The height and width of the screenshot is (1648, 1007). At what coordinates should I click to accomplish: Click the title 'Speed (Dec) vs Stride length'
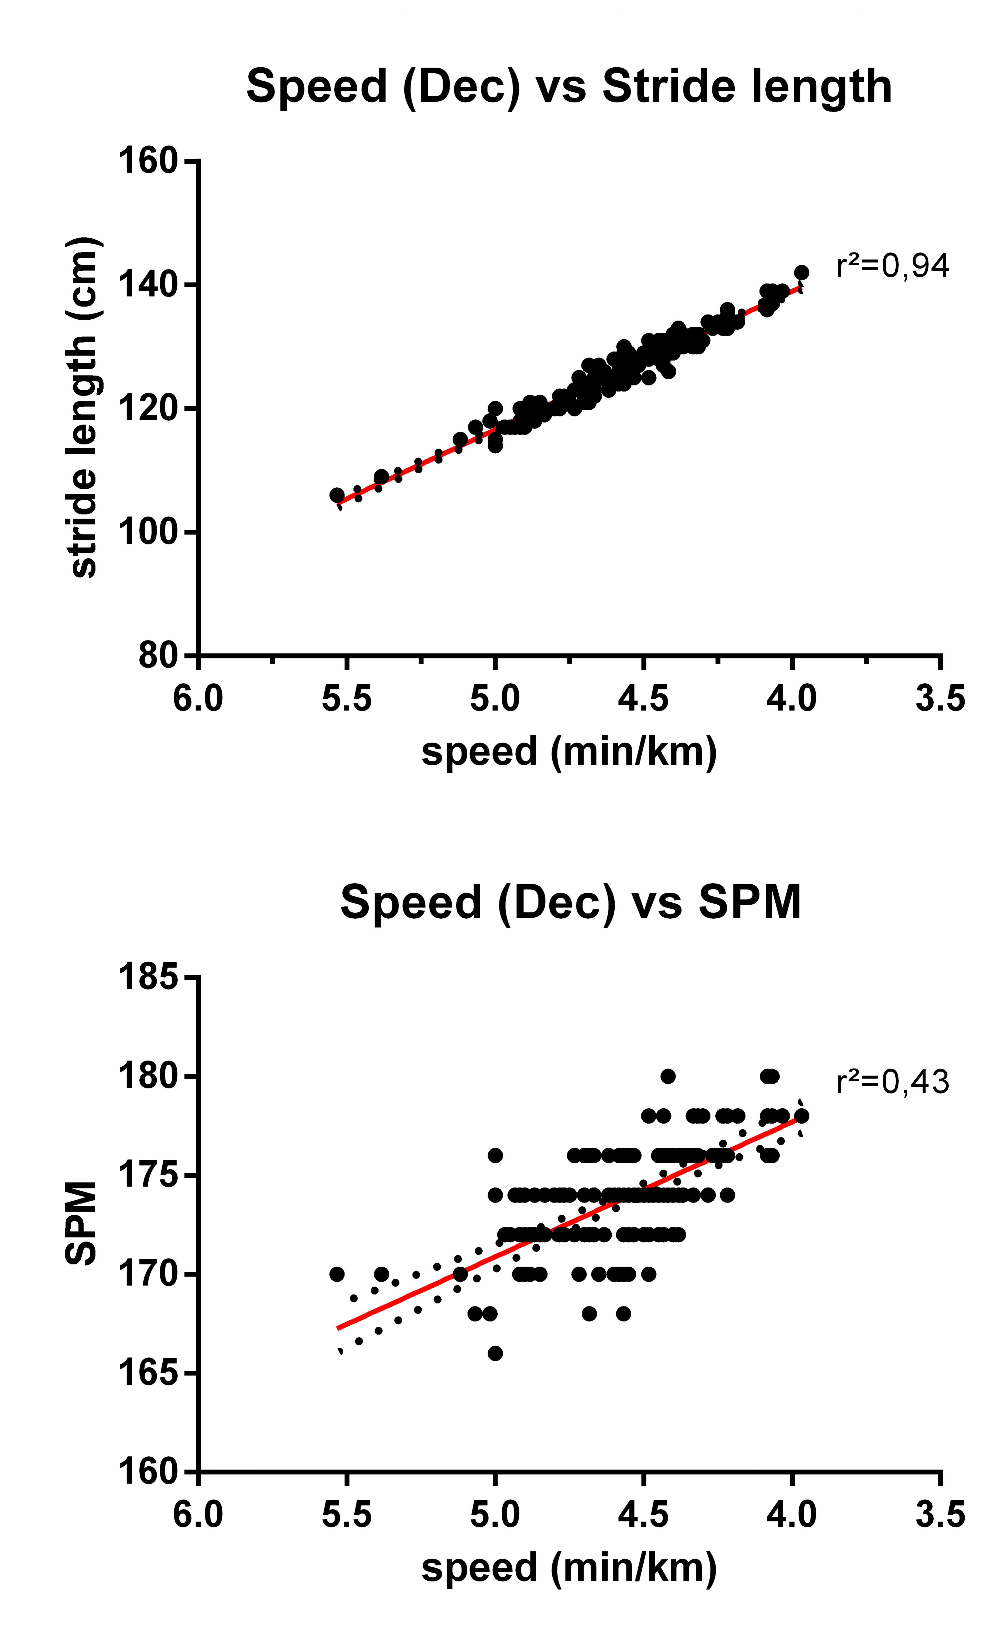pos(569,87)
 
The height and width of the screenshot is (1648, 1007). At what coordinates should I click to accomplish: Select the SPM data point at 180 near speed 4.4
pos(668,1076)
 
